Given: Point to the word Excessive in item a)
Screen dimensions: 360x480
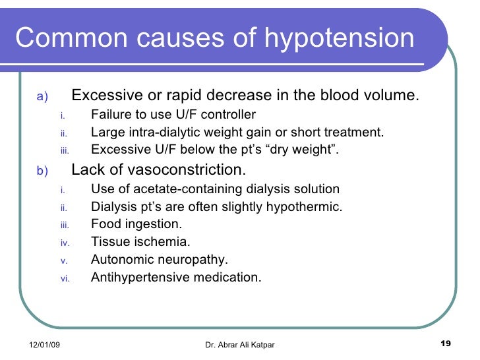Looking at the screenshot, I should [102, 96].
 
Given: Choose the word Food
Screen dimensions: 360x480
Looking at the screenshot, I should [105, 224].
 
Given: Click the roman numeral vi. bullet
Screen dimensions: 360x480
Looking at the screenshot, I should [65, 278].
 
